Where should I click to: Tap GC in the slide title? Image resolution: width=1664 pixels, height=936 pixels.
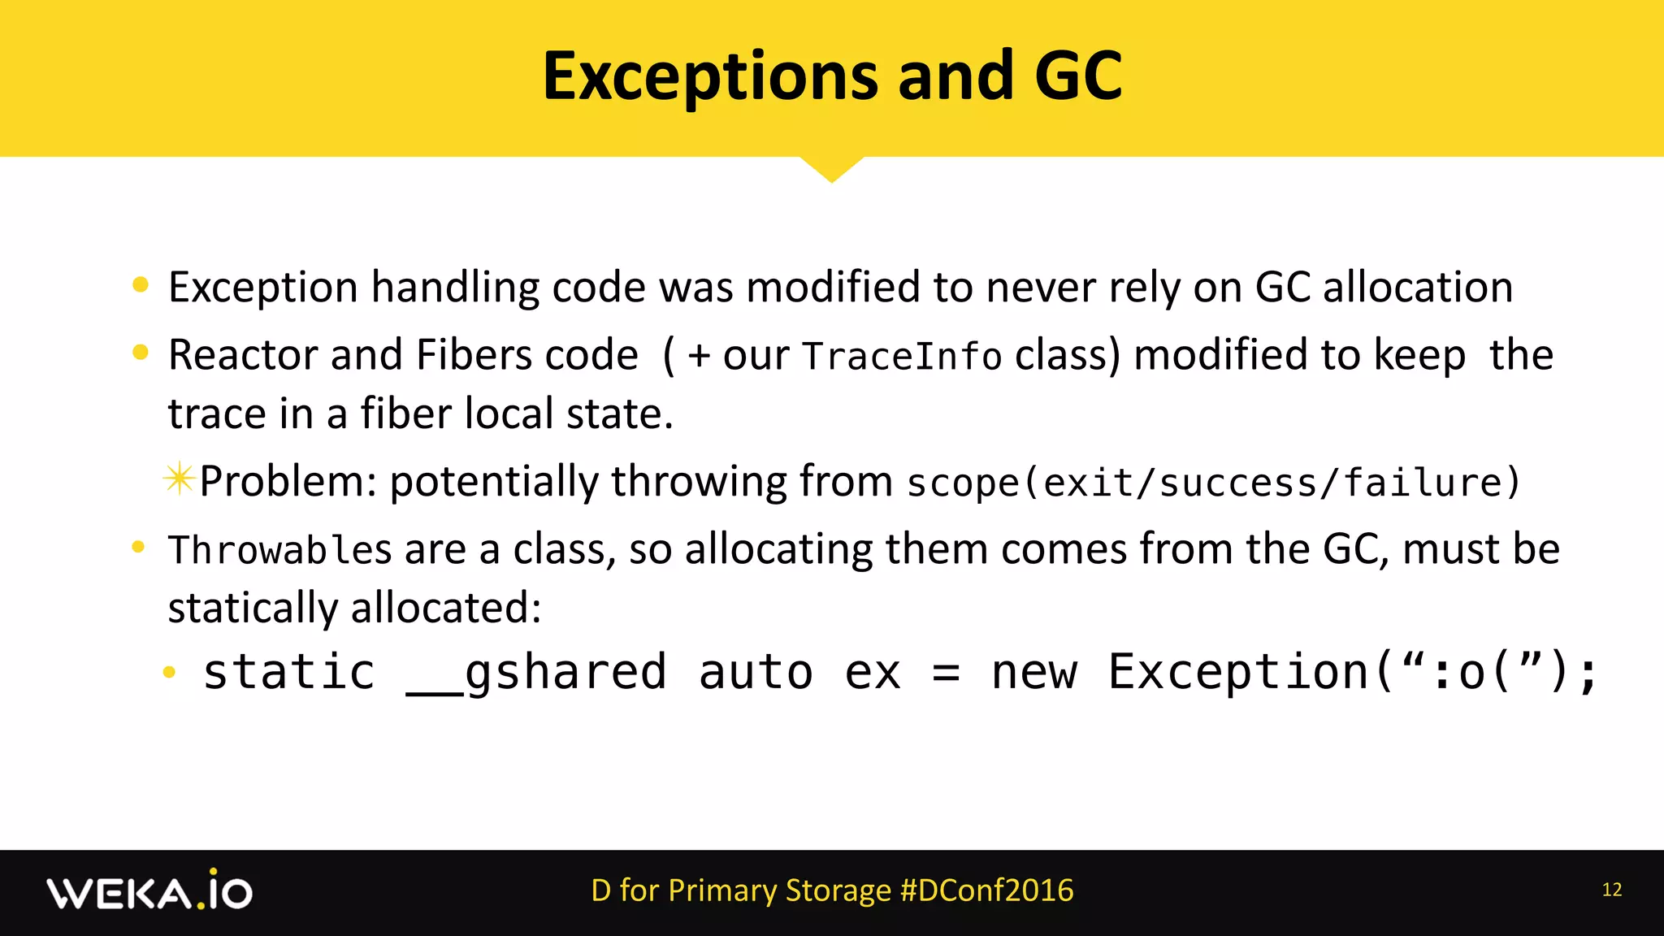pos(1078,76)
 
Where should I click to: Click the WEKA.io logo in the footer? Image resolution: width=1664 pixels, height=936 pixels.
pos(149,892)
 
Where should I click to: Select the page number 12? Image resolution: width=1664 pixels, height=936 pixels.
pos(1612,890)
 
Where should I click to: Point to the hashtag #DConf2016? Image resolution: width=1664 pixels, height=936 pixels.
pos(987,890)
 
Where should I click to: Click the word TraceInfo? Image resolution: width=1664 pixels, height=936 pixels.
pos(902,357)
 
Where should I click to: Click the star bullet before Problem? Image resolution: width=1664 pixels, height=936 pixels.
pos(179,479)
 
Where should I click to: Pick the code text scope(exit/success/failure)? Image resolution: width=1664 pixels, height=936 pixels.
pos(1213,483)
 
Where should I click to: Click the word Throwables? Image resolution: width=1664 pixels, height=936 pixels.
pos(280,550)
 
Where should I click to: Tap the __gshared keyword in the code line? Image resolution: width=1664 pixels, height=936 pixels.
pos(536,673)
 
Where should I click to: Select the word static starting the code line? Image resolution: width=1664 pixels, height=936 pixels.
pos(288,673)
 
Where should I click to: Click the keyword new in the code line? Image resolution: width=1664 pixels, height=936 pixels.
pos(1034,673)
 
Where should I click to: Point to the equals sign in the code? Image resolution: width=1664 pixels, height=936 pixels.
pos(946,673)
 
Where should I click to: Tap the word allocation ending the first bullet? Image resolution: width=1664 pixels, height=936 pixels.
pos(1418,288)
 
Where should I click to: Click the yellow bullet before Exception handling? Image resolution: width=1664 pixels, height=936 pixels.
pos(141,284)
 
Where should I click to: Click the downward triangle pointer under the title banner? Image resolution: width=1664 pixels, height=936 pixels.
pos(831,168)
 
